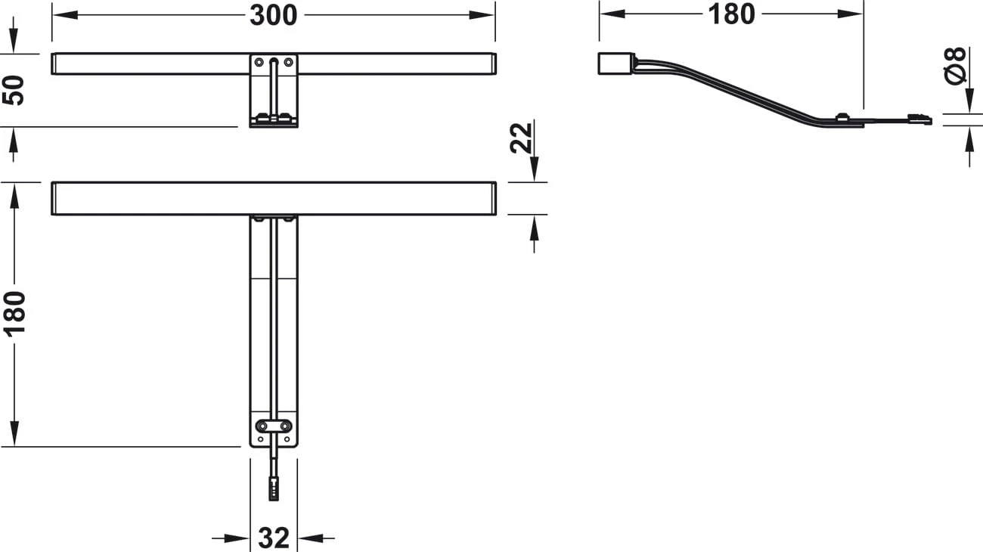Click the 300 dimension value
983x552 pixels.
274,16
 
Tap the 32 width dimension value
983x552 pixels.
274,538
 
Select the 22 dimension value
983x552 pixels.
521,138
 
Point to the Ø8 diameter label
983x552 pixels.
955,66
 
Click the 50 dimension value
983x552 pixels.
13,90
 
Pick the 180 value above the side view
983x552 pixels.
731,14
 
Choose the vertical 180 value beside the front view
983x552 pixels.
14,314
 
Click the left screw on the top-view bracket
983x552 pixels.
259,62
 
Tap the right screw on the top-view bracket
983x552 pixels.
288,62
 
